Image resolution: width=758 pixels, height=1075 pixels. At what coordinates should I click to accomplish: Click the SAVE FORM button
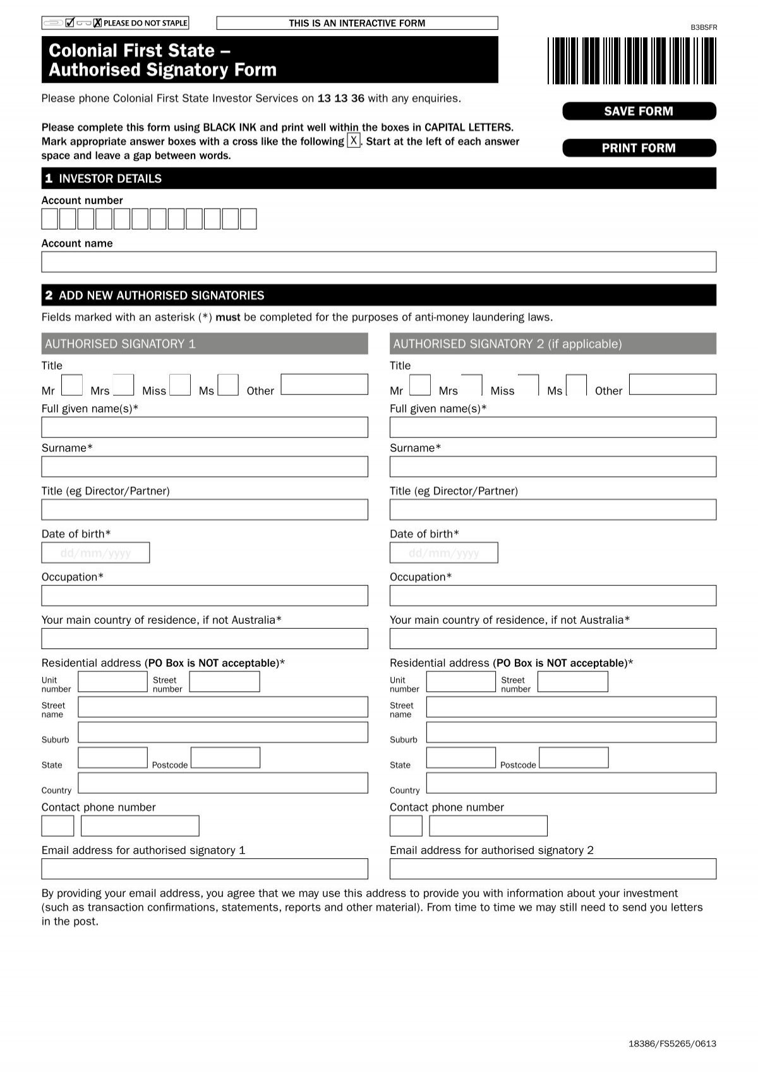point(639,111)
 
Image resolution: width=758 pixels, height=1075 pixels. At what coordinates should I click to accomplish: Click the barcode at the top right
point(632,61)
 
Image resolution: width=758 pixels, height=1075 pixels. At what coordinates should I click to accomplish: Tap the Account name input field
point(378,262)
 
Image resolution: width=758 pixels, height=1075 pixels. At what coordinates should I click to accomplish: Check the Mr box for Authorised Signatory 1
point(72,385)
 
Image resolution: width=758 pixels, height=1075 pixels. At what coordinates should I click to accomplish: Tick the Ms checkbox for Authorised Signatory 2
point(576,385)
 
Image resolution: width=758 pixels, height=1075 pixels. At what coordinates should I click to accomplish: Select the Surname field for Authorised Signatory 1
point(204,467)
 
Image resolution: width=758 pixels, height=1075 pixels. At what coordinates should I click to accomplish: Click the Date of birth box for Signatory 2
point(443,553)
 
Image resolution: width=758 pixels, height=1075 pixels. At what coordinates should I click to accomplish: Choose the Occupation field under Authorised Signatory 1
point(204,596)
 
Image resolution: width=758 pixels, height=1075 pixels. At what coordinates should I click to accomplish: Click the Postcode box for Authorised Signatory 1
point(226,758)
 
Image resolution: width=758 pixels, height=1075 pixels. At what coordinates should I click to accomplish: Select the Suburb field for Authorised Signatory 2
point(571,732)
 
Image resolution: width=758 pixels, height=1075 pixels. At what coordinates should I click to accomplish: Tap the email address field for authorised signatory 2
point(553,869)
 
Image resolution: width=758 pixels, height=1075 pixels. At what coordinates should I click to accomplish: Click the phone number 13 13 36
point(341,99)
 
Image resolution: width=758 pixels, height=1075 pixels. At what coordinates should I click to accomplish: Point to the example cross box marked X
point(354,140)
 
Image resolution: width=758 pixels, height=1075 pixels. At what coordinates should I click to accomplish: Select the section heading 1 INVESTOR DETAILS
point(104,179)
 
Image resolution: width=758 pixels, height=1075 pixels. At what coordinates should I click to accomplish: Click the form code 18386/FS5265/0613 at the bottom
point(672,1043)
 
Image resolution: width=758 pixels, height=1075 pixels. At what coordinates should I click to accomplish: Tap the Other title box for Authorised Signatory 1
point(324,384)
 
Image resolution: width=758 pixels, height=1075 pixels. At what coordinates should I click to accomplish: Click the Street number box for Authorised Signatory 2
point(572,682)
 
